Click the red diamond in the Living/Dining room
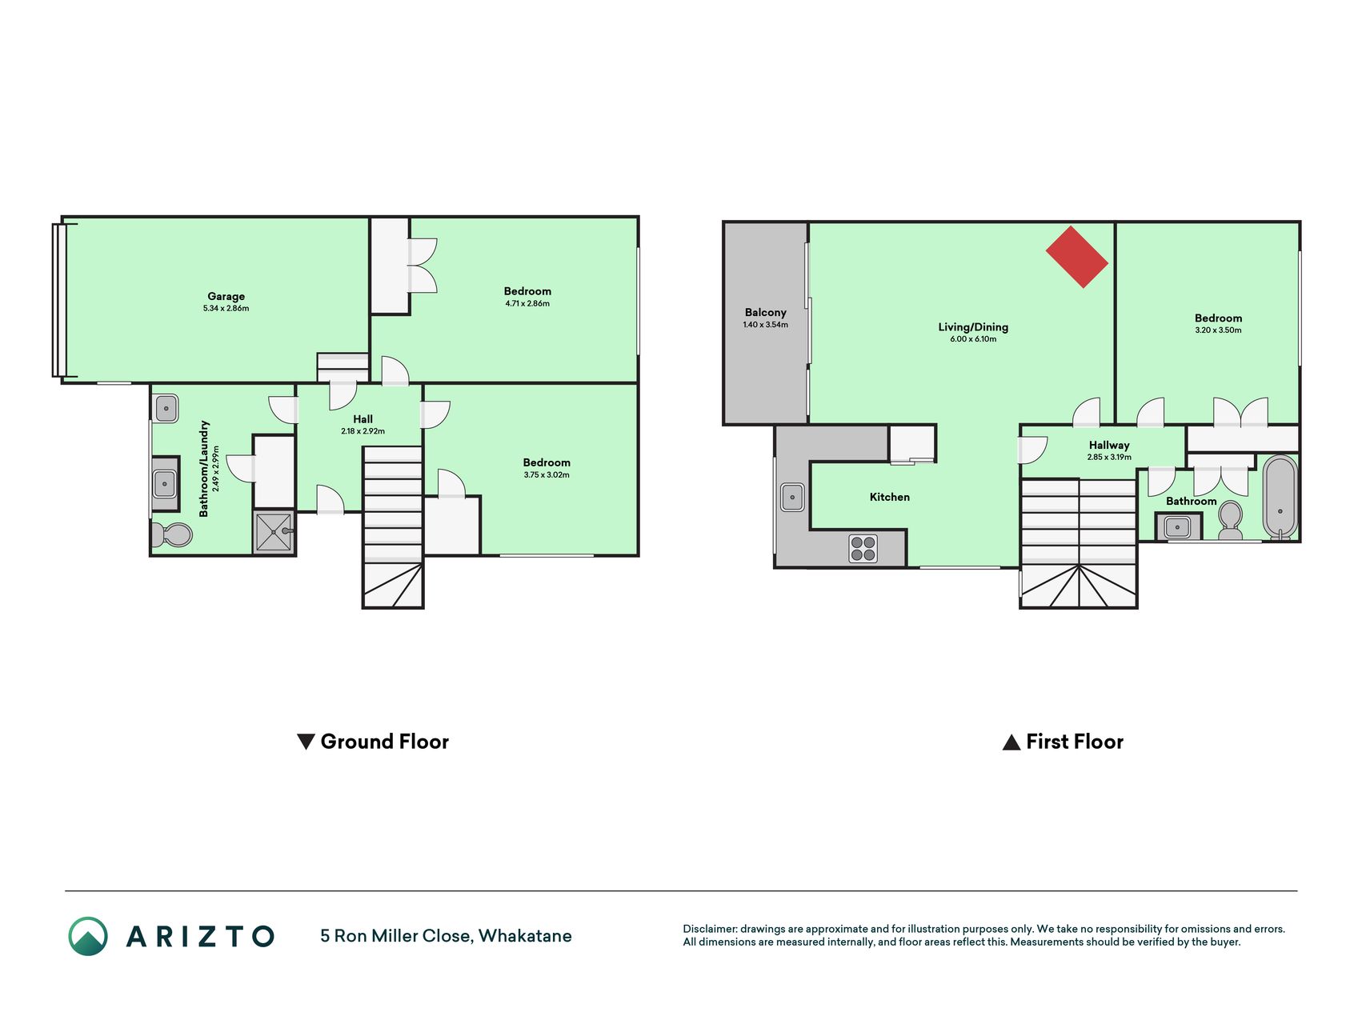[x=1077, y=257]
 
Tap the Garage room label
[x=226, y=296]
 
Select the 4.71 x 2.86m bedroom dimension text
[x=527, y=304]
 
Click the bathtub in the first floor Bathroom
[x=1280, y=497]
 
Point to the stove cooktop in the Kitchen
[x=863, y=549]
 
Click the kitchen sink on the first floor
[x=792, y=497]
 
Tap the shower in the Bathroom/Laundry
[x=274, y=532]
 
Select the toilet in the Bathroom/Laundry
[x=172, y=534]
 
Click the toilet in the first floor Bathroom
[x=1230, y=520]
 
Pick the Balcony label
[x=766, y=313]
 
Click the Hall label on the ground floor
[x=363, y=419]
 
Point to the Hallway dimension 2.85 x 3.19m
[x=1109, y=458]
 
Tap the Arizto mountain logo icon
[x=88, y=936]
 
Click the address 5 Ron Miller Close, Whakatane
[x=446, y=936]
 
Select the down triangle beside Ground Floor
[x=306, y=742]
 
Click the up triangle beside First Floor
[x=1011, y=742]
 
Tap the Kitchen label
[x=890, y=497]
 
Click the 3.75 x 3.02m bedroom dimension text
[x=547, y=475]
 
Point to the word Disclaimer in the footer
[x=710, y=929]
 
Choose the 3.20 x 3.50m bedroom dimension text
[x=1218, y=330]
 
